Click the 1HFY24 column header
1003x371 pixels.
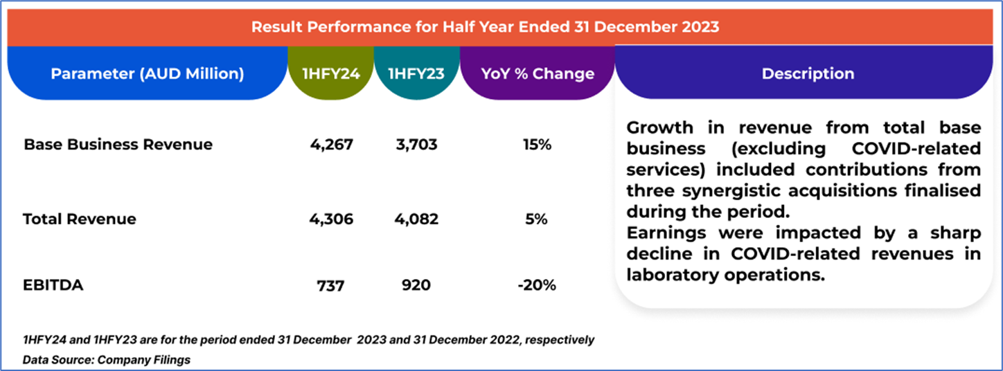[331, 73]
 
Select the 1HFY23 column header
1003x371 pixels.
[416, 73]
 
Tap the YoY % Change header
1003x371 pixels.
[538, 73]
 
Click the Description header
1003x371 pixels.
[808, 73]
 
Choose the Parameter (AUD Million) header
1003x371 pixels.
[148, 73]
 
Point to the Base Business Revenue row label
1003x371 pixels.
[118, 145]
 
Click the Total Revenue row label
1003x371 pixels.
[80, 219]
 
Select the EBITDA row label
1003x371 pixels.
[53, 284]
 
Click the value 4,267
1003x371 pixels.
[332, 145]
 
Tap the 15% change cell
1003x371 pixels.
[538, 145]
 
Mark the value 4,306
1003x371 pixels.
[332, 219]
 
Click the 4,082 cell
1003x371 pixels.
[417, 219]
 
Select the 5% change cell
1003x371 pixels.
[538, 219]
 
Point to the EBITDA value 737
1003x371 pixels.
[330, 284]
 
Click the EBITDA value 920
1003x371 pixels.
[416, 284]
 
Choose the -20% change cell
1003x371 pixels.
[537, 284]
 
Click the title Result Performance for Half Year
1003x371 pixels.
[485, 27]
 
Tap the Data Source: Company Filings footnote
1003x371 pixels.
[107, 360]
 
